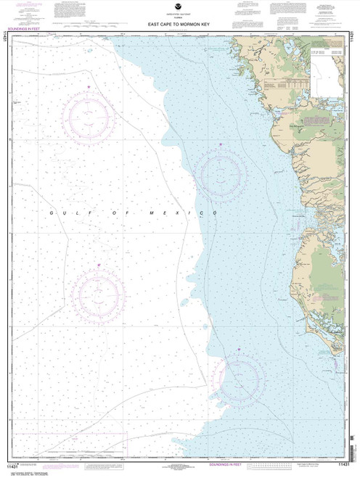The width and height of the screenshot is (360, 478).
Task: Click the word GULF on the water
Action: pos(63,211)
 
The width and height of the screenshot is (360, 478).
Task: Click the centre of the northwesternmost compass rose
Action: pos(88,115)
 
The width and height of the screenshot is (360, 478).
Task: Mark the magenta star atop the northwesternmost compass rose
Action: pos(89,88)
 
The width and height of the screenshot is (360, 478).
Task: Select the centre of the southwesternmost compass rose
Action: pos(98,295)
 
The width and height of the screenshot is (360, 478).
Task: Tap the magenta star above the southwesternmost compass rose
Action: pos(98,268)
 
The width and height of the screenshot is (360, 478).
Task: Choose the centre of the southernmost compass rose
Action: pos(240,378)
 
